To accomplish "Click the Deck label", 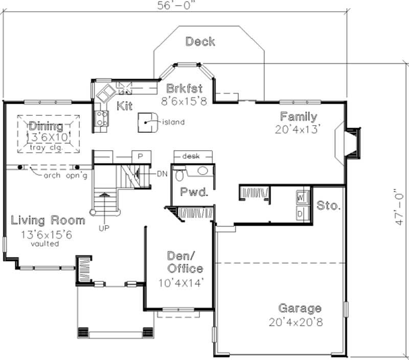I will [x=200, y=41].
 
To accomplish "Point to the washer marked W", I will [x=301, y=196].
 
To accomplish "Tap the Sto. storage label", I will [x=328, y=206].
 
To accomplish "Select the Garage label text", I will [x=300, y=308].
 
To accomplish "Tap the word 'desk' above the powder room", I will [x=191, y=156].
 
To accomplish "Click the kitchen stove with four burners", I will [x=102, y=118].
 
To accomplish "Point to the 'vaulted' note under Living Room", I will [x=44, y=244].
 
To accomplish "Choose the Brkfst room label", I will [x=184, y=88].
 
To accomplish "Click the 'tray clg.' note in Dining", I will [x=49, y=147].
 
